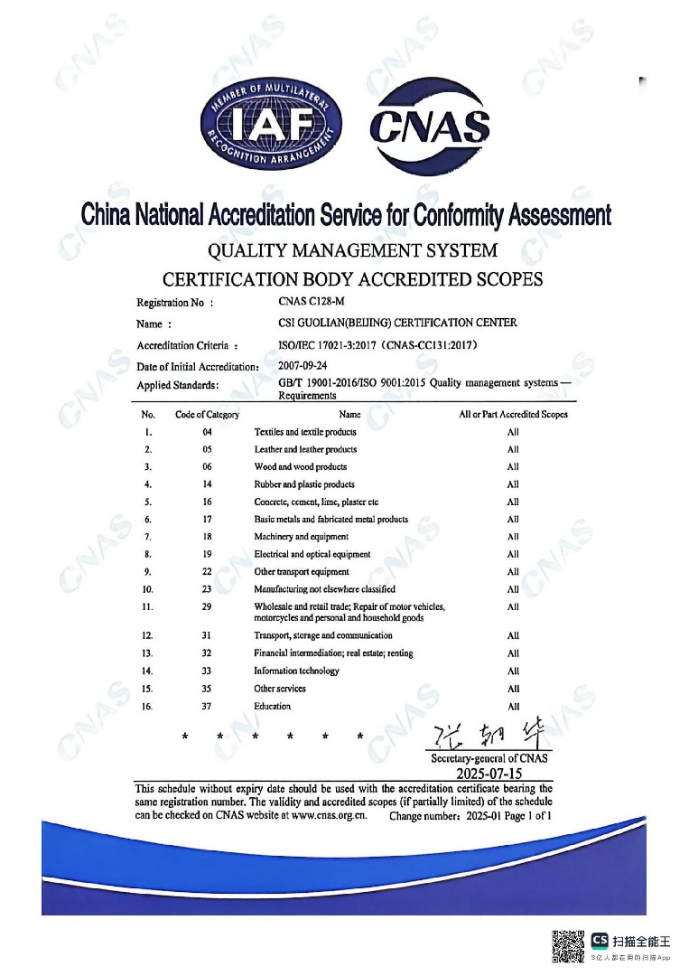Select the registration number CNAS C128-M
312,303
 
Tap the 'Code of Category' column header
207,415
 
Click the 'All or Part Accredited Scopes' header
513,415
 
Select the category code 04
207,432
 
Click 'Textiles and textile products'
305,432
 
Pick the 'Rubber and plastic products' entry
304,484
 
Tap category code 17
207,520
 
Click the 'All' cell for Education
513,707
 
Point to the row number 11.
148,606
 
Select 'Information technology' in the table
296,671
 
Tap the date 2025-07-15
489,774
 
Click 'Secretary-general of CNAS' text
489,759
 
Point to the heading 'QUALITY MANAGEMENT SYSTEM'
352,249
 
